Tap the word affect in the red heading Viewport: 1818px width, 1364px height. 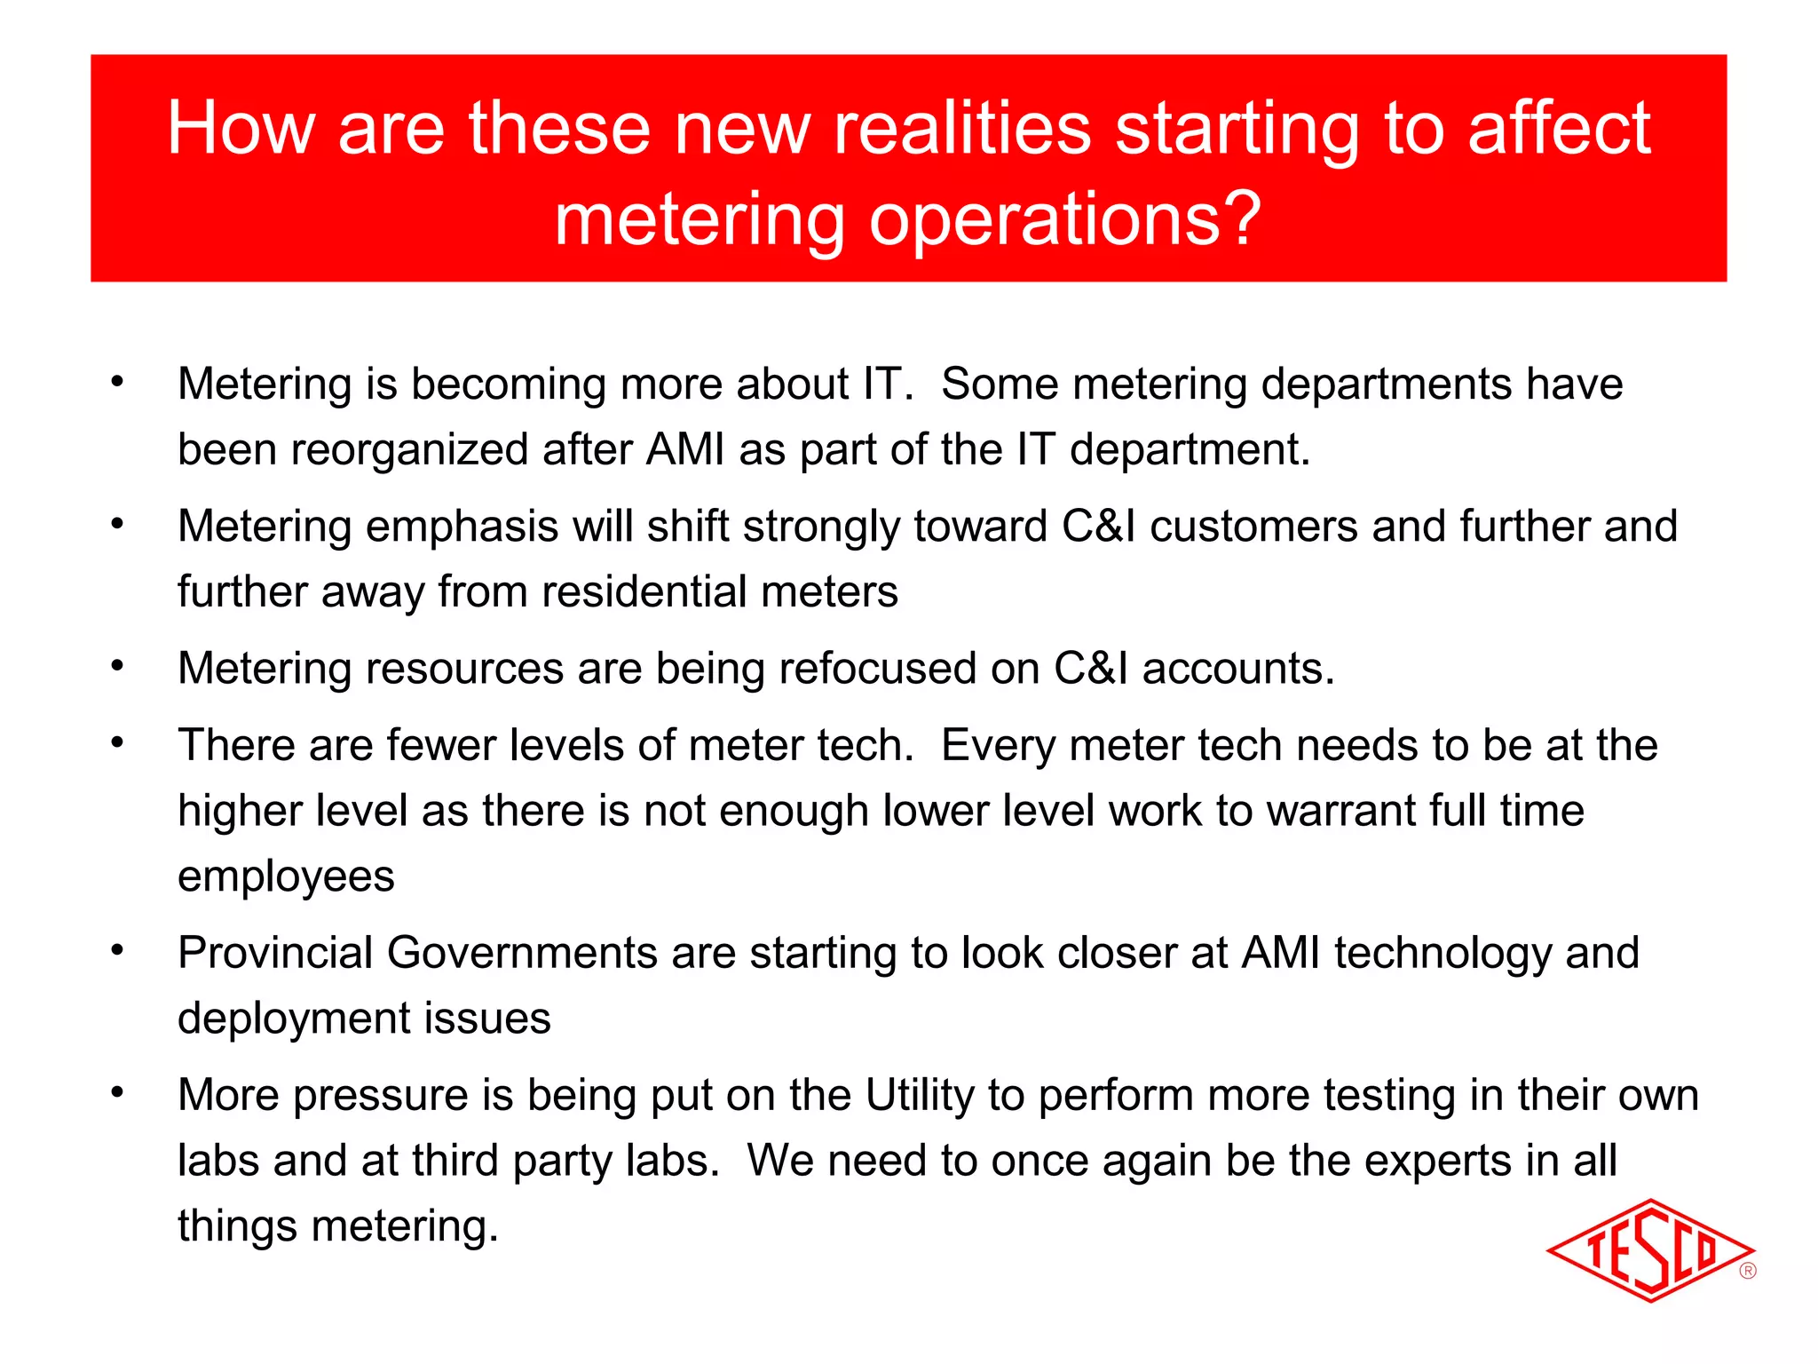1560,129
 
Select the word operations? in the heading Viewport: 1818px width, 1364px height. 1065,219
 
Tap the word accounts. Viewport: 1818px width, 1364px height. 1238,668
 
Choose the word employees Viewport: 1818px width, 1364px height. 286,876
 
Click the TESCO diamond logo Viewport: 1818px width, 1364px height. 1649,1250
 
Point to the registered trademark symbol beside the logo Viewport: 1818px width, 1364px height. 1748,1271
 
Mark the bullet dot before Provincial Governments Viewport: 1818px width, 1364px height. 117,951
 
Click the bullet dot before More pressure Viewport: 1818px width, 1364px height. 117,1093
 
